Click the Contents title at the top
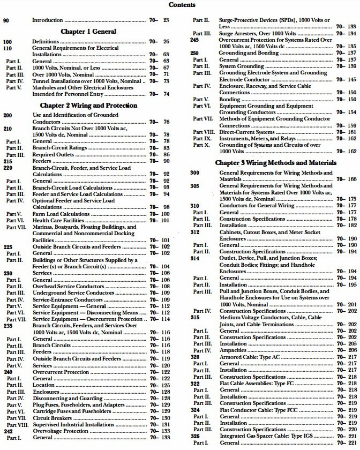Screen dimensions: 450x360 coord(182,5)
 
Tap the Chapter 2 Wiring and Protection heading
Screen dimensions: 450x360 coord(89,106)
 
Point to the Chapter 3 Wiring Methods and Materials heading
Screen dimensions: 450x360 coord(275,162)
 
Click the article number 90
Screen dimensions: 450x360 coord(6,20)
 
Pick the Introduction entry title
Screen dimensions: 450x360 coord(48,20)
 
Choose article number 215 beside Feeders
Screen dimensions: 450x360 coord(8,161)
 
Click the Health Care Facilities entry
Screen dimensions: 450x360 coord(56,220)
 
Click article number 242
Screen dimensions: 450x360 coord(8,431)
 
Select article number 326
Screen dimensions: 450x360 coord(194,436)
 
